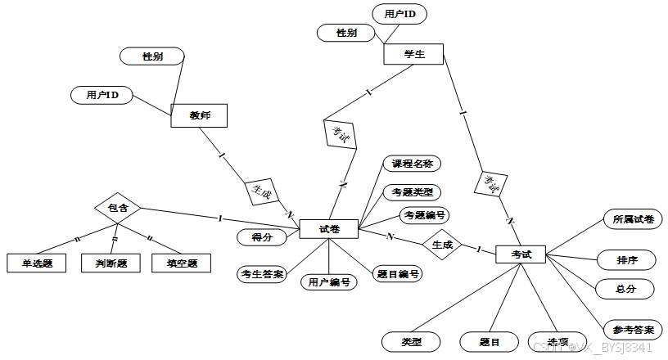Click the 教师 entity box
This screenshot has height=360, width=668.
coord(199,116)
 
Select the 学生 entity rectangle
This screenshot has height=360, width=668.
coord(413,54)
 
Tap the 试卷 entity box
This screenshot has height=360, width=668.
coord(329,229)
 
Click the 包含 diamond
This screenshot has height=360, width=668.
coord(118,208)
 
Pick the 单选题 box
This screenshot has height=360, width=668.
coord(36,263)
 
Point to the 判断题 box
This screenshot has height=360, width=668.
coord(111,263)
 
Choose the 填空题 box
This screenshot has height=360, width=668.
coord(181,263)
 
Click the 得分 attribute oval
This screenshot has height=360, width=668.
coord(262,237)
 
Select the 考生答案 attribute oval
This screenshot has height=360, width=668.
coord(263,273)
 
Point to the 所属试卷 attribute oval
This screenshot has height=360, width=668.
coord(633,218)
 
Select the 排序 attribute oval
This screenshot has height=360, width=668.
coord(627,260)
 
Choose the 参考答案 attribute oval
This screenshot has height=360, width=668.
coord(633,330)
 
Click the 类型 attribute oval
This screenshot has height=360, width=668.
coord(411,341)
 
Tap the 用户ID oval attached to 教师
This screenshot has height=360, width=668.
coord(102,96)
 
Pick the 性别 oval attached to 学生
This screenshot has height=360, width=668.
coord(346,33)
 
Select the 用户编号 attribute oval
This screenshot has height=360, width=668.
coord(329,282)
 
